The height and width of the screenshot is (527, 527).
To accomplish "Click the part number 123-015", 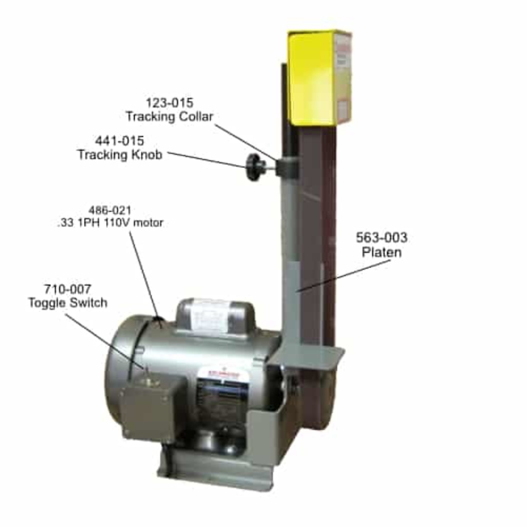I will (x=169, y=102).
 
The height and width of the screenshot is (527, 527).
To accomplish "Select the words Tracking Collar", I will (x=169, y=116).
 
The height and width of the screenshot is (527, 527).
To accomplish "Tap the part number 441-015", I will (x=119, y=141).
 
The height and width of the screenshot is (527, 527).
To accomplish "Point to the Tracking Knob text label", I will (x=119, y=155).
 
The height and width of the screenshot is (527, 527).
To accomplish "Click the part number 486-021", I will (x=110, y=210).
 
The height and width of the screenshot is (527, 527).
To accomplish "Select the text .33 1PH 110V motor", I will (x=110, y=223).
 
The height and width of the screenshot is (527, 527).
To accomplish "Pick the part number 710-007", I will (x=67, y=289).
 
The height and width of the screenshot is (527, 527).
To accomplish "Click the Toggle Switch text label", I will (x=67, y=303).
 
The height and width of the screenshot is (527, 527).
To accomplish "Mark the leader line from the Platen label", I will (x=343, y=275).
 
